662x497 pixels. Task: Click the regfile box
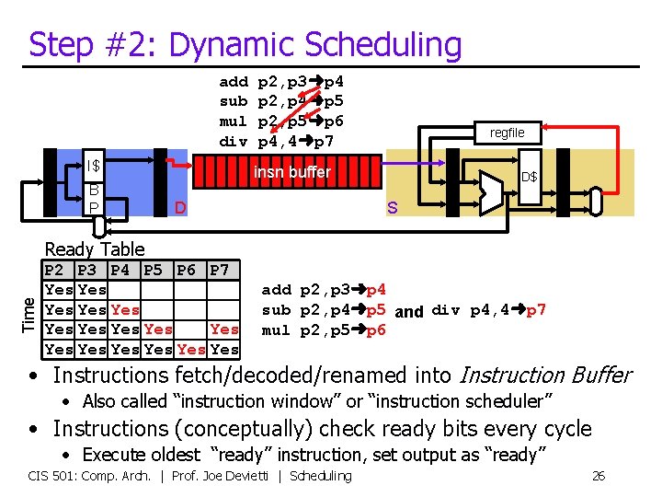coord(507,133)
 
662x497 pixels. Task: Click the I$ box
coord(93,166)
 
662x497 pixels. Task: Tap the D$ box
coord(529,176)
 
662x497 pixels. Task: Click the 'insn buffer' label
coord(291,172)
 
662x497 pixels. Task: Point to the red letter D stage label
coord(181,208)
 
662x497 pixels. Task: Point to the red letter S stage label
coord(392,208)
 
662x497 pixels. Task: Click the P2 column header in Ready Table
coord(54,271)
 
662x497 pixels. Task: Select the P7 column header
coord(220,271)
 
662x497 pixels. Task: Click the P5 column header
coord(154,271)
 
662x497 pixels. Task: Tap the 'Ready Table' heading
coord(95,248)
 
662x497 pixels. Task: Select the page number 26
coord(598,476)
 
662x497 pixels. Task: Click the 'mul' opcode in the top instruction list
coord(234,121)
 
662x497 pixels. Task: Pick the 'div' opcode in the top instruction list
coord(234,142)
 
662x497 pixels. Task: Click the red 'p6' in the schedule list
coord(376,330)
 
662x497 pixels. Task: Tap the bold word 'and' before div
coord(409,311)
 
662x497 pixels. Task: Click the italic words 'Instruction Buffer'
coord(544,375)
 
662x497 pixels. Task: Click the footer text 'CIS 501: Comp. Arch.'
coord(90,476)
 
